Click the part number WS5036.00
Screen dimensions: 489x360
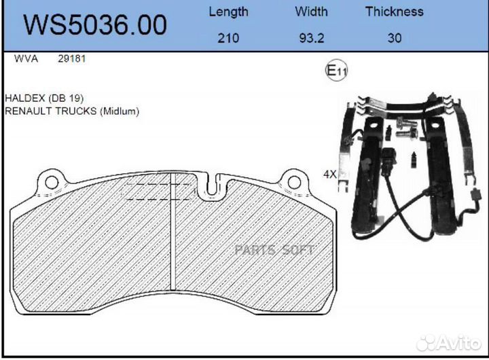coord(95,24)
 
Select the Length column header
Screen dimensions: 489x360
coord(229,12)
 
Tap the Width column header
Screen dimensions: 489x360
coord(311,12)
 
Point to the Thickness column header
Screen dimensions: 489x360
coord(395,12)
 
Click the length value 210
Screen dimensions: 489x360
coord(228,38)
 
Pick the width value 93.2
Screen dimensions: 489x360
coord(312,38)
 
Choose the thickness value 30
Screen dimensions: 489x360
coord(395,38)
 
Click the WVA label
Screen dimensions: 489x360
coord(26,58)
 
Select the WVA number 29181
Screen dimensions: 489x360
coord(72,58)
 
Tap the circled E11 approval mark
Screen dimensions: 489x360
coord(336,71)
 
